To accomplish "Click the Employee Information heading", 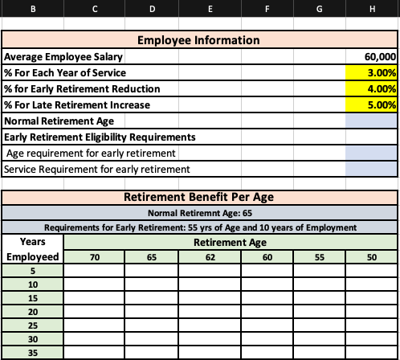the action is tap(199, 40).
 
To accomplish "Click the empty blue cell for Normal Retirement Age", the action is tap(370, 121).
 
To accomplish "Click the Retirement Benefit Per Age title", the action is tap(199, 198).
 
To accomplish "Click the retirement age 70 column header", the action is tap(94, 256).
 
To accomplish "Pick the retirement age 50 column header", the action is tap(370, 256).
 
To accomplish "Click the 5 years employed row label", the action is tap(33, 271).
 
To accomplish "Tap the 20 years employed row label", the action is tap(33, 311).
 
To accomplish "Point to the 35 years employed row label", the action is tap(33, 352).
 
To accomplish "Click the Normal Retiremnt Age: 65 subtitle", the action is tap(199, 213).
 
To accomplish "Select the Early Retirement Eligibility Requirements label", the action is tap(100, 137).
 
